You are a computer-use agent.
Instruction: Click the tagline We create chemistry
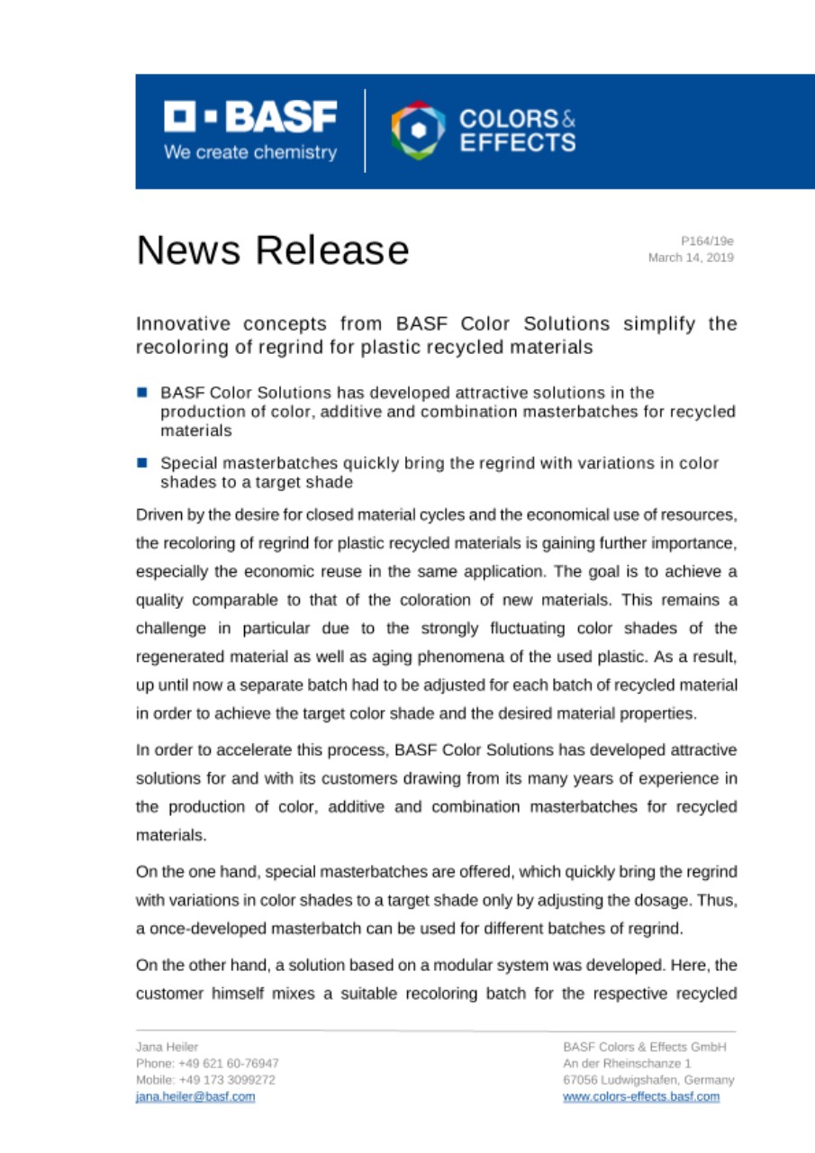249,152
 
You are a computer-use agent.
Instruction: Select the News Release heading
272,250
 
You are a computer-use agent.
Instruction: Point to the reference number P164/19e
707,241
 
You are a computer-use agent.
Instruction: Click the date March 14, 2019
691,257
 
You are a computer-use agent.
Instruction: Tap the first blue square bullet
142,393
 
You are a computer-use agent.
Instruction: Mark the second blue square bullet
142,463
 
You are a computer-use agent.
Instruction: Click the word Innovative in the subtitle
178,323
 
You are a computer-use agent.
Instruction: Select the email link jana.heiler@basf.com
195,1096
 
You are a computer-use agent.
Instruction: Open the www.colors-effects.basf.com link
641,1096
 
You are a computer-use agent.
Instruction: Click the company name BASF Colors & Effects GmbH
645,1047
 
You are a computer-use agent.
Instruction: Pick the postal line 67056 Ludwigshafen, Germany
648,1079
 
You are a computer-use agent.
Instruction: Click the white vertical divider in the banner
366,131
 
